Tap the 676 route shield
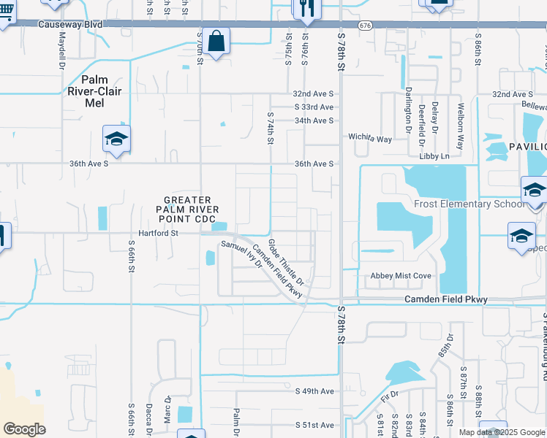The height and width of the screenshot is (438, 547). (x=365, y=25)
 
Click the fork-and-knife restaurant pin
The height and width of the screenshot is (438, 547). (x=305, y=8)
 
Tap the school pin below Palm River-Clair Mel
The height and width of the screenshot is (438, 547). (x=116, y=139)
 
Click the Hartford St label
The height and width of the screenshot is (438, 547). (x=154, y=234)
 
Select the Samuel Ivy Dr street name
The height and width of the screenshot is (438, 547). (x=241, y=255)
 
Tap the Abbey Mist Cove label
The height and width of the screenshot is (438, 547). (x=401, y=276)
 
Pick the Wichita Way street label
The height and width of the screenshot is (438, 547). (x=370, y=138)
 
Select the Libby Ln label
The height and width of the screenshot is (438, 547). (x=434, y=156)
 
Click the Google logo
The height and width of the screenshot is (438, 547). (x=24, y=429)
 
